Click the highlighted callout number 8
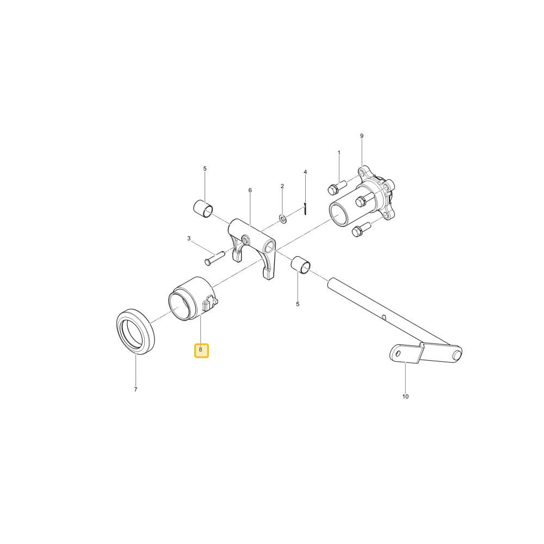pyautogui.click(x=201, y=350)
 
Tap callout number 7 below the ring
pyautogui.click(x=135, y=390)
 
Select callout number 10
pyautogui.click(x=405, y=397)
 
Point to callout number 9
pyautogui.click(x=362, y=136)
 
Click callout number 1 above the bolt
pyautogui.click(x=339, y=153)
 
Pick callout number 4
pyautogui.click(x=305, y=172)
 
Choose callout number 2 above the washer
pyautogui.click(x=282, y=186)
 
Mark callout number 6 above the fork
pyautogui.click(x=250, y=190)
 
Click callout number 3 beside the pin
pyautogui.click(x=189, y=238)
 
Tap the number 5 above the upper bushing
pyautogui.click(x=205, y=169)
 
